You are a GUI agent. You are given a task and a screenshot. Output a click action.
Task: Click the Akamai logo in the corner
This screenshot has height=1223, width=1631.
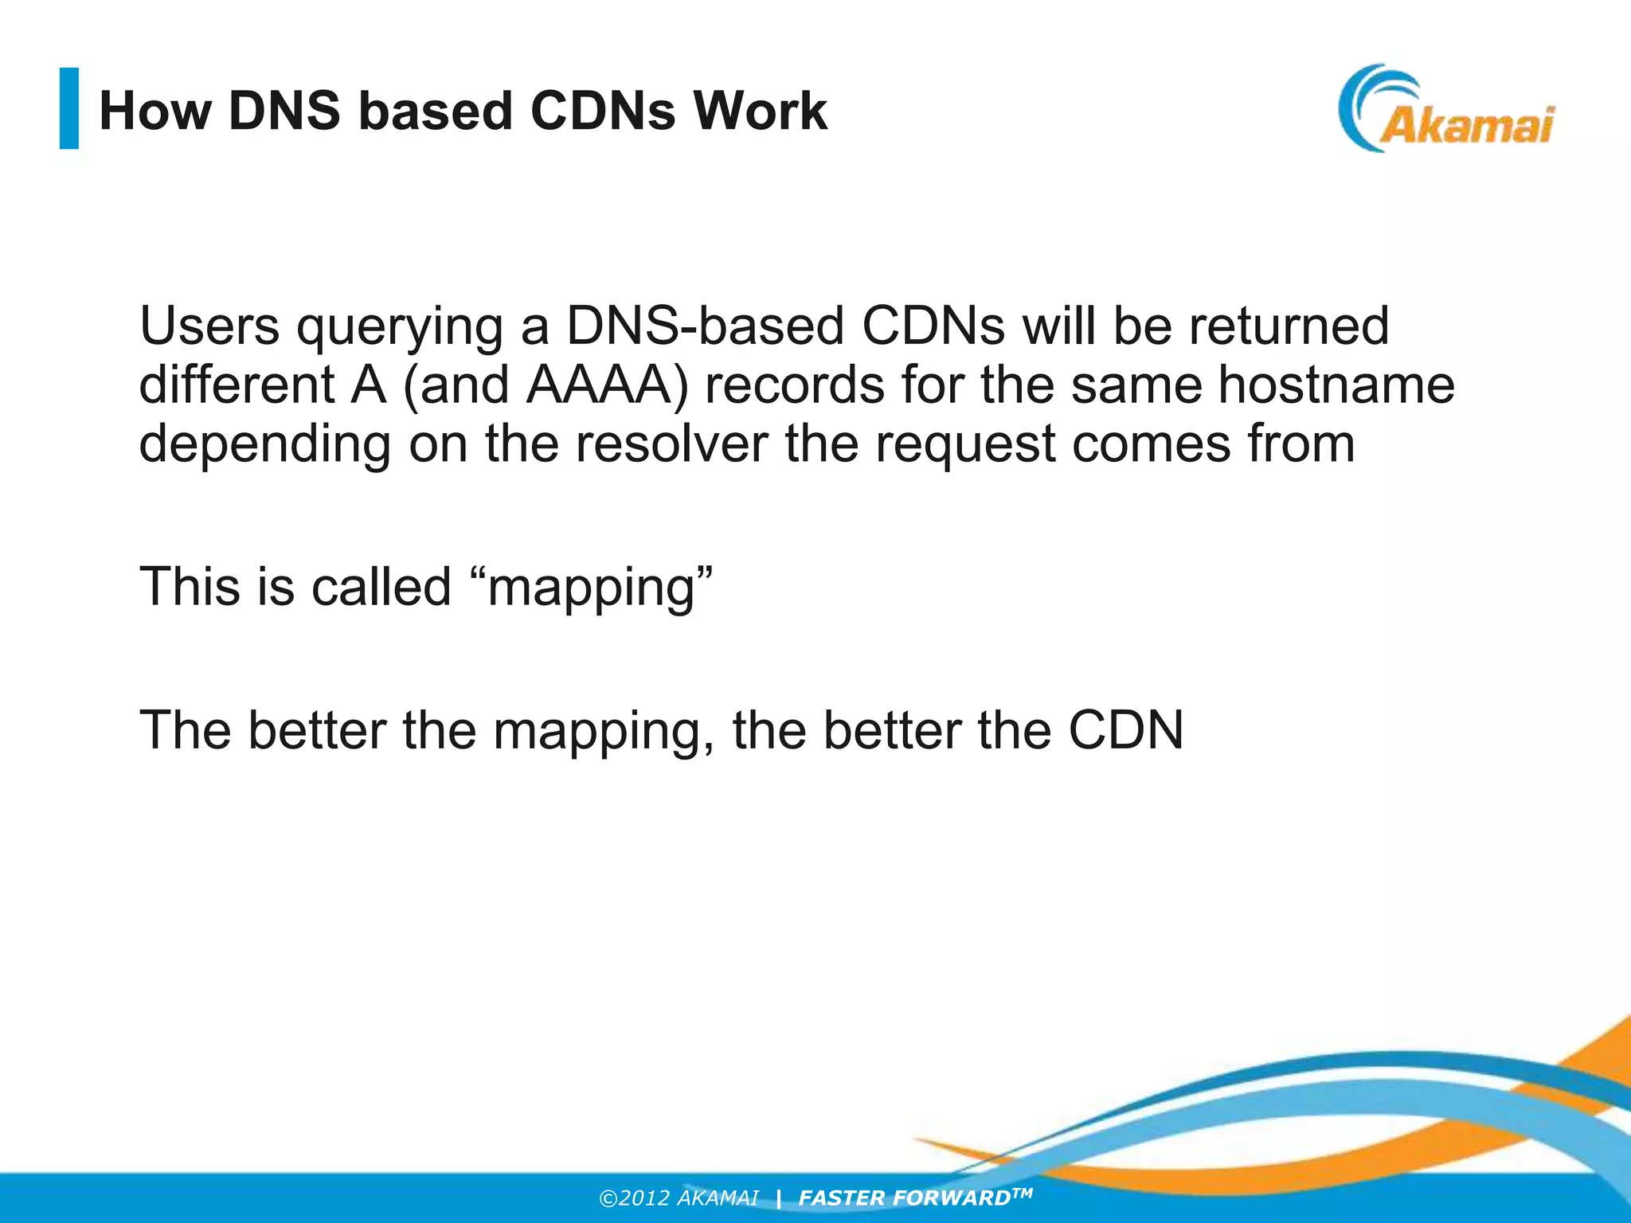(1445, 110)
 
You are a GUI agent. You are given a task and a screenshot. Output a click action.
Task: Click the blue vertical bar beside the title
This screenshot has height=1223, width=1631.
(69, 108)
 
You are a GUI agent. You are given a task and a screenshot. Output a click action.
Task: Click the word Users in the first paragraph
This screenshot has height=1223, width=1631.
(209, 326)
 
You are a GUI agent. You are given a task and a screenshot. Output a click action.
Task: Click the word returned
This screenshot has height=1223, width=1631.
(1289, 326)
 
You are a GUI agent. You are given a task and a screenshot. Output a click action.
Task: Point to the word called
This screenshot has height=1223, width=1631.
(381, 587)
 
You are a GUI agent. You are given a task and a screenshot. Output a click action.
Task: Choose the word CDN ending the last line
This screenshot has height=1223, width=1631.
(1125, 730)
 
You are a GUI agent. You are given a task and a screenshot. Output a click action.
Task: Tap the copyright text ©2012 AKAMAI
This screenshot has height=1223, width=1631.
(679, 1198)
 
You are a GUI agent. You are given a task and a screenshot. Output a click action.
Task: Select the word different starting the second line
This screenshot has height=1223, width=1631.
(237, 385)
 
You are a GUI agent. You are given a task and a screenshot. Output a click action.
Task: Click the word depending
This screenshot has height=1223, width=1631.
(264, 445)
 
